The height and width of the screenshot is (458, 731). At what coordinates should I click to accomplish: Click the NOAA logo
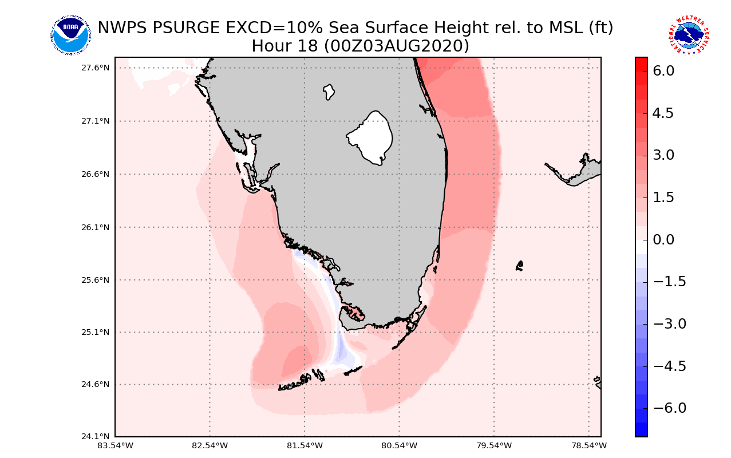coord(70,35)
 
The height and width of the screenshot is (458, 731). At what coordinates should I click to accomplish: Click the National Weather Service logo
coord(688,35)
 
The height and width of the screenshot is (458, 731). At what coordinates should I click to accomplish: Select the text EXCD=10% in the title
coord(269,27)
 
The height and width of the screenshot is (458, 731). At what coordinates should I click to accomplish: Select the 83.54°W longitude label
coord(115,445)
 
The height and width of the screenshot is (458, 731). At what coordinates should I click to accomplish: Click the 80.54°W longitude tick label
coord(399,445)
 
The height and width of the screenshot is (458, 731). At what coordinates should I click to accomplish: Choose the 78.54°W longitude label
coord(588,445)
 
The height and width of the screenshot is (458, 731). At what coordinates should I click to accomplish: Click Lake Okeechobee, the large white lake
coord(371,137)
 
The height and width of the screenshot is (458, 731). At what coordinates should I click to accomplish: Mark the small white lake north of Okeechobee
coord(329,92)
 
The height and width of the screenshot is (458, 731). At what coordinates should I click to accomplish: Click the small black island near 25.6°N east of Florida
coord(520,265)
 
